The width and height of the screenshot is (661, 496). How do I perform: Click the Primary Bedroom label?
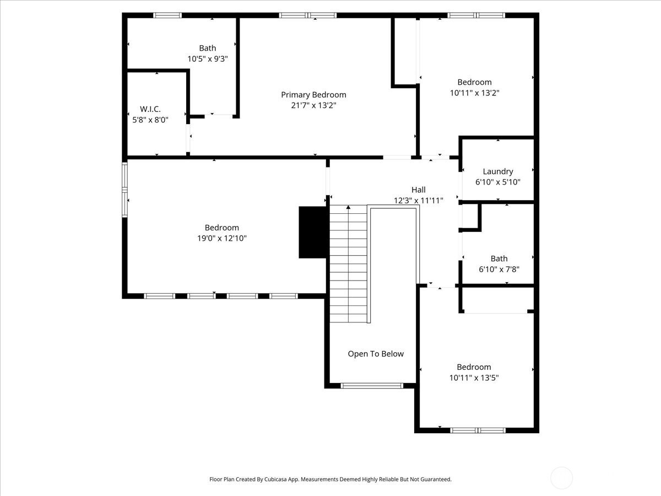313,95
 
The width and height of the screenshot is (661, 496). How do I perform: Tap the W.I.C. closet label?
150,109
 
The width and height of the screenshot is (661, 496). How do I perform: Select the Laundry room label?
498,171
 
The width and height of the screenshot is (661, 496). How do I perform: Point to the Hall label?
419,190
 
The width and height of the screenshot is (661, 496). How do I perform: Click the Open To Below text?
376,354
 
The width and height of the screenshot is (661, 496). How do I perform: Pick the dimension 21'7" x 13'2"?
313,105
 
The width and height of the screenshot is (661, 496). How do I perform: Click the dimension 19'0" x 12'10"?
221,238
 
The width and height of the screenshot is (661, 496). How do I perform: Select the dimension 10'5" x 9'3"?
208,59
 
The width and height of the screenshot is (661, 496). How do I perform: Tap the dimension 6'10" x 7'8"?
499,269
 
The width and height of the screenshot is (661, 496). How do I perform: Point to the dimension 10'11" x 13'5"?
474,378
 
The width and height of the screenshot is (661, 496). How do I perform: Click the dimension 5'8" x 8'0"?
150,120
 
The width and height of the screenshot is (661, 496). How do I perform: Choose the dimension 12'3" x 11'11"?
419,200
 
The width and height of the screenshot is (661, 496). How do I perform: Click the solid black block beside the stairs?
312,232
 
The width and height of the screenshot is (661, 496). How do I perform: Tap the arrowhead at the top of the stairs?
349,207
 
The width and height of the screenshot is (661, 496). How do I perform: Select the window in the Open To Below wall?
372,386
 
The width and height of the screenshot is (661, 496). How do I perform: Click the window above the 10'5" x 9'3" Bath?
167,15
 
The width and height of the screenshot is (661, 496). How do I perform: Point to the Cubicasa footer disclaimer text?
330,479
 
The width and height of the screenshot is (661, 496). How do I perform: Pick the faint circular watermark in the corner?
562,478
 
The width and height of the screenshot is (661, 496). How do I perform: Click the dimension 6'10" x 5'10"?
498,182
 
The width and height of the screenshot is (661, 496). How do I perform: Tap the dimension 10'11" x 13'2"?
475,93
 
